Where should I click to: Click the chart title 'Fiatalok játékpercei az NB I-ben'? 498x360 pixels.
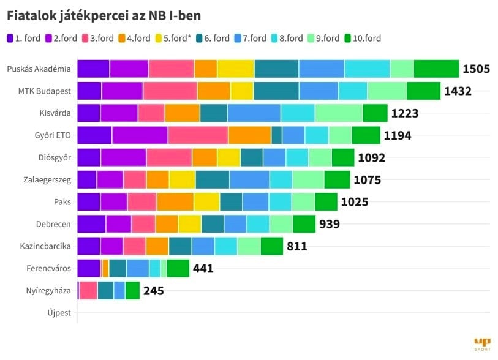[x=104, y=15]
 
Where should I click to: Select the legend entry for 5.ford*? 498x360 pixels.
[x=173, y=38]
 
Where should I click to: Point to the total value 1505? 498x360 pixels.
[x=476, y=69]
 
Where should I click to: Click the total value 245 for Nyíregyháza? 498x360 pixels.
[x=153, y=291]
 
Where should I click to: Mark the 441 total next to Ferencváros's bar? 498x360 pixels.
[x=203, y=268]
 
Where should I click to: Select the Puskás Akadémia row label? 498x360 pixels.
[x=39, y=69]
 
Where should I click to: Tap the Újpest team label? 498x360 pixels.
[x=59, y=313]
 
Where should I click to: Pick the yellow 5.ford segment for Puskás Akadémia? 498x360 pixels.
[x=235, y=69]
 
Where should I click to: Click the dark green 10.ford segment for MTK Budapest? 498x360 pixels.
[x=423, y=91]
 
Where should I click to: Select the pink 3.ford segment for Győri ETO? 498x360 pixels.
[x=198, y=135]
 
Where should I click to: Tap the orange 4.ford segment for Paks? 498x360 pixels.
[x=175, y=201]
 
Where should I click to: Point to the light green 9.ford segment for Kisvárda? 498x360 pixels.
[x=339, y=113]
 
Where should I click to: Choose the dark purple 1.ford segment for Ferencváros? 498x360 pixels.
[x=88, y=268]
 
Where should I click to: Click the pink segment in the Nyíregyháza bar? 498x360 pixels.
[x=88, y=290]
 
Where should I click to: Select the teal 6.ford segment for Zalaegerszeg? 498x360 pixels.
[x=213, y=179]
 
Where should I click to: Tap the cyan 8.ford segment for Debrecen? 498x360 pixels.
[x=258, y=224]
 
